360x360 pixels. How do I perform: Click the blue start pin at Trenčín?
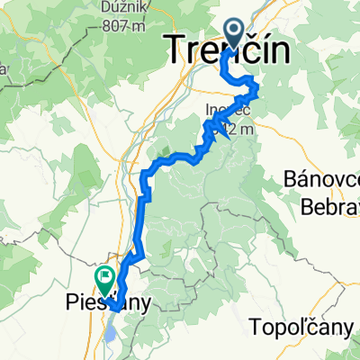(233, 34)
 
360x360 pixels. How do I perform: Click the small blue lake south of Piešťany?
(109, 333)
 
